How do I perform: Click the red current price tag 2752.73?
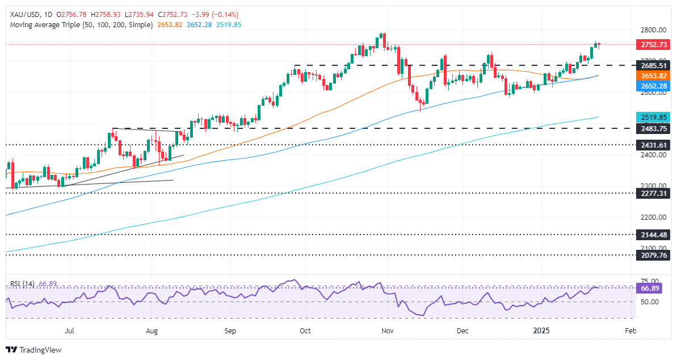[647, 44]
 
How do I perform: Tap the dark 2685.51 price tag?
[647, 65]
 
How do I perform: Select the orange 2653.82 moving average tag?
[647, 76]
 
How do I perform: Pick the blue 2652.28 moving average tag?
[647, 85]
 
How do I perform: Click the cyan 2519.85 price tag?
[647, 118]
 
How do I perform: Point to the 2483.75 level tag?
[647, 128]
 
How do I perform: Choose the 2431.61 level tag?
[647, 145]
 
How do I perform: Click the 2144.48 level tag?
[647, 234]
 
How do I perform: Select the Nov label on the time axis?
[387, 329]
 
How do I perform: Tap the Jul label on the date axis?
[70, 329]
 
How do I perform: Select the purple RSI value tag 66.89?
[647, 288]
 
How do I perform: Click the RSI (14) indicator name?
[23, 284]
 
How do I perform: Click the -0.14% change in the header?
[226, 15]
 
